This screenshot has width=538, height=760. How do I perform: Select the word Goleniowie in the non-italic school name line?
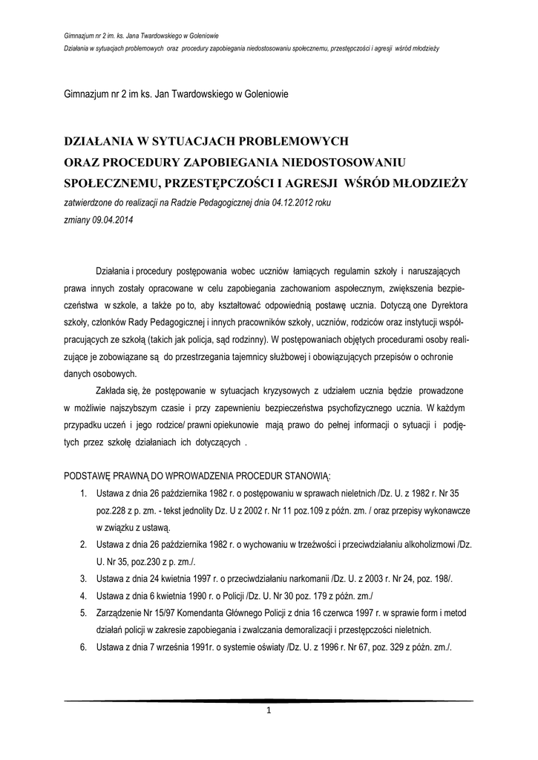tap(260, 94)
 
